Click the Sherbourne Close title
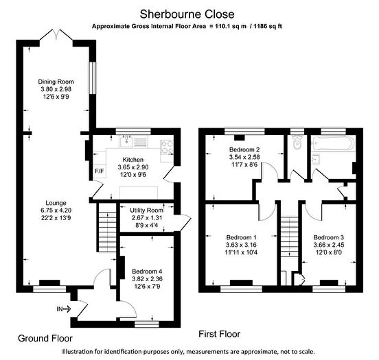(187, 14)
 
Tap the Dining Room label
(56, 82)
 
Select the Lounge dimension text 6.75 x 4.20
(56, 211)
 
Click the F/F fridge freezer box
(100, 171)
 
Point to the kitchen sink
(126, 141)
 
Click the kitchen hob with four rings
(167, 147)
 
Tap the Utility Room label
(146, 211)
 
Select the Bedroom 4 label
(147, 271)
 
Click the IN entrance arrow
(64, 309)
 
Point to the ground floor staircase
(107, 228)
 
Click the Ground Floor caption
(45, 338)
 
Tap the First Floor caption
(220, 334)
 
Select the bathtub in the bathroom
(333, 144)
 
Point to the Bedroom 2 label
(244, 149)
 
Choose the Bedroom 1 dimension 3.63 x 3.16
(241, 245)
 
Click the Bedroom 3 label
(329, 237)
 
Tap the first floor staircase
(289, 237)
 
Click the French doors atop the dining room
(56, 35)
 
